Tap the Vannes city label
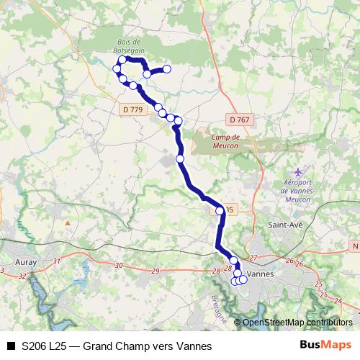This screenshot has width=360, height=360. pyautogui.click(x=257, y=274)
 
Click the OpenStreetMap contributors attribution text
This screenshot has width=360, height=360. pyautogui.click(x=297, y=322)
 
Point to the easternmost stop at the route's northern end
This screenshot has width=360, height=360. pyautogui.click(x=167, y=69)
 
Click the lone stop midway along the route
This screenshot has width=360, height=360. pyautogui.click(x=180, y=158)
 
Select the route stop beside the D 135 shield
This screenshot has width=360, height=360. pyautogui.click(x=220, y=211)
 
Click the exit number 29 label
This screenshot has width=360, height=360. pyautogui.click(x=156, y=270)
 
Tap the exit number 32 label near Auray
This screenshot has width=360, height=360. pyautogui.click(x=22, y=276)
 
